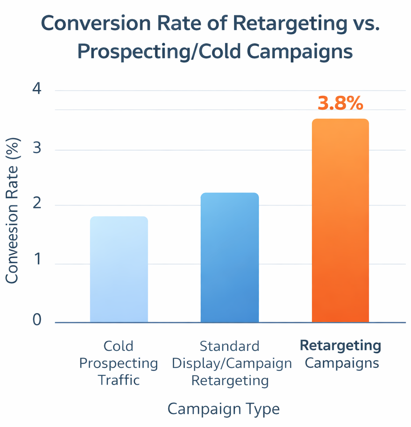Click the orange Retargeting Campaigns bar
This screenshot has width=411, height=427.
(340, 221)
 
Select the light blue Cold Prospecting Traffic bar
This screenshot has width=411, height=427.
(119, 269)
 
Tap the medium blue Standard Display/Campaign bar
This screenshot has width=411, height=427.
(230, 258)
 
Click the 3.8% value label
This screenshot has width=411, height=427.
(340, 103)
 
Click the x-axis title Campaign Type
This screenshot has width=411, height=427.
(223, 409)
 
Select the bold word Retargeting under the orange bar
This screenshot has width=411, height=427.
(340, 346)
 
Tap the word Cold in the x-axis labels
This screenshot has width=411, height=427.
(118, 346)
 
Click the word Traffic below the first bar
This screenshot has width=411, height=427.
(118, 380)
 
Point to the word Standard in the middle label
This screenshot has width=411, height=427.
(230, 346)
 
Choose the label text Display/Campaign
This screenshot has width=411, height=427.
(232, 363)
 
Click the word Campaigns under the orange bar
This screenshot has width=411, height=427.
(342, 363)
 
